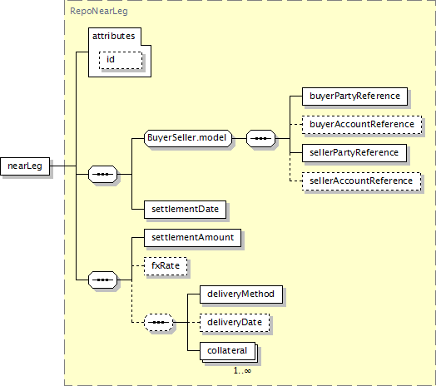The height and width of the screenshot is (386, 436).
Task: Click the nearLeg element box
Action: point(25,166)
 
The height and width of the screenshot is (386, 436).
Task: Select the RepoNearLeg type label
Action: point(99,11)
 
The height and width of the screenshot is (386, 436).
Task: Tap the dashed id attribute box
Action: point(121,60)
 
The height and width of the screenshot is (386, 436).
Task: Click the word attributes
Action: point(113,36)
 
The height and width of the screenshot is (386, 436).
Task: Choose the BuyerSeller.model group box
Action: point(188,138)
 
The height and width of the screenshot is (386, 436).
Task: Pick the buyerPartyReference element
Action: point(354,96)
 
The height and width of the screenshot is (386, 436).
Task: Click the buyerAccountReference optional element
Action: point(362,125)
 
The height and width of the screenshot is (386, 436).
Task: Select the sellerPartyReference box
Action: point(354,153)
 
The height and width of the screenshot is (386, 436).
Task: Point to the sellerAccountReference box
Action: point(361,181)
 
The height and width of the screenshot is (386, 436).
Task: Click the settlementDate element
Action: point(186,210)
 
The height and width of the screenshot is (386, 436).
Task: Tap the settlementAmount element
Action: point(193,238)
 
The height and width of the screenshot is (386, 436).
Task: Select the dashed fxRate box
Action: point(166,266)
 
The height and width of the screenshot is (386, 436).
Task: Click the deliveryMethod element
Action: point(241,294)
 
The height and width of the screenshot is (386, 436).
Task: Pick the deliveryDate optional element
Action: point(235,323)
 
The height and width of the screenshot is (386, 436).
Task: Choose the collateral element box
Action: point(227,351)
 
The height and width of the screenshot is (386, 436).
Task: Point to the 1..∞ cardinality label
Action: point(242,371)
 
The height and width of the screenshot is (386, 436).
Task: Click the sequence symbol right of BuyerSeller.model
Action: point(260,138)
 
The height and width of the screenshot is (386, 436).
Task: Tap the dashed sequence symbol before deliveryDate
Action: point(158,322)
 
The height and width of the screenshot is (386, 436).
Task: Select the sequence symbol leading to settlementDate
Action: point(102,174)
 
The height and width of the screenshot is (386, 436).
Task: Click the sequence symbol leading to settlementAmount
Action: point(102,280)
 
